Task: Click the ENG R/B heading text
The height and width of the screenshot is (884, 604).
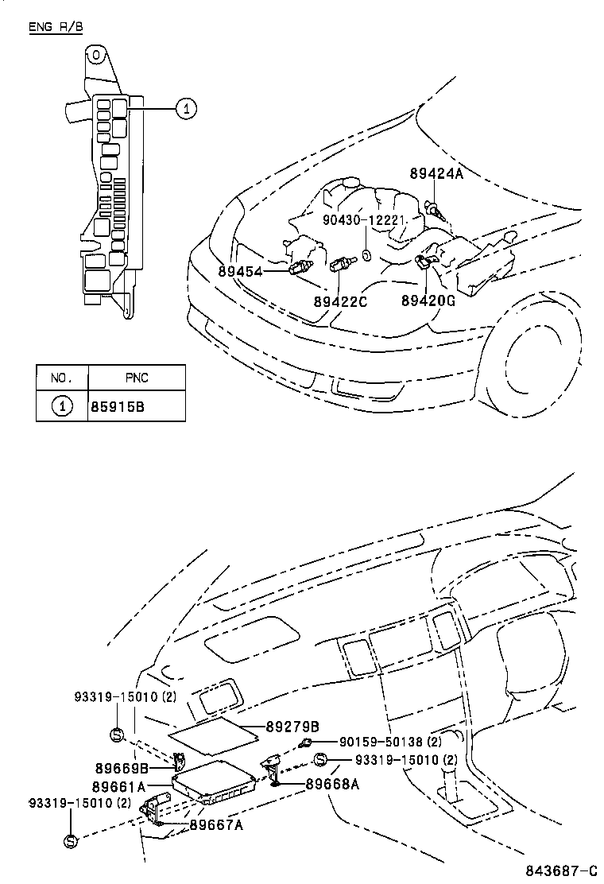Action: pyautogui.click(x=55, y=27)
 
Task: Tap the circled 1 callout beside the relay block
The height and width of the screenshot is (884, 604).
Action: pyautogui.click(x=185, y=109)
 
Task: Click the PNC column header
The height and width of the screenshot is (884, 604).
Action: pyautogui.click(x=136, y=378)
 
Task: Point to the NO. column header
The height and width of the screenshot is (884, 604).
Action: pyautogui.click(x=62, y=378)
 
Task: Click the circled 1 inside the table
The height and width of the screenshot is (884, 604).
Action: pyautogui.click(x=62, y=406)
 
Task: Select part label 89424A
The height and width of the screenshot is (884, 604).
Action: pyautogui.click(x=436, y=173)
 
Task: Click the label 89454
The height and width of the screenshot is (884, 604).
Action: pyautogui.click(x=241, y=271)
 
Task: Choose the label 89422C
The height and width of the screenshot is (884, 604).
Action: pyautogui.click(x=340, y=301)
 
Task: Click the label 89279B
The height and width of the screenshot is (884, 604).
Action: pyautogui.click(x=292, y=727)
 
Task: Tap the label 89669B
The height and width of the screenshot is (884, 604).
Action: pyautogui.click(x=122, y=768)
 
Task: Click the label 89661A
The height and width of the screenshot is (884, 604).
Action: pyautogui.click(x=118, y=787)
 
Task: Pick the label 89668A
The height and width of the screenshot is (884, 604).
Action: pyautogui.click(x=333, y=784)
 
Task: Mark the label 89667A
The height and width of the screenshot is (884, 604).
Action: pyautogui.click(x=216, y=825)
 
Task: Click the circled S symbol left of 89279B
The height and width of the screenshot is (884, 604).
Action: pyautogui.click(x=117, y=734)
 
